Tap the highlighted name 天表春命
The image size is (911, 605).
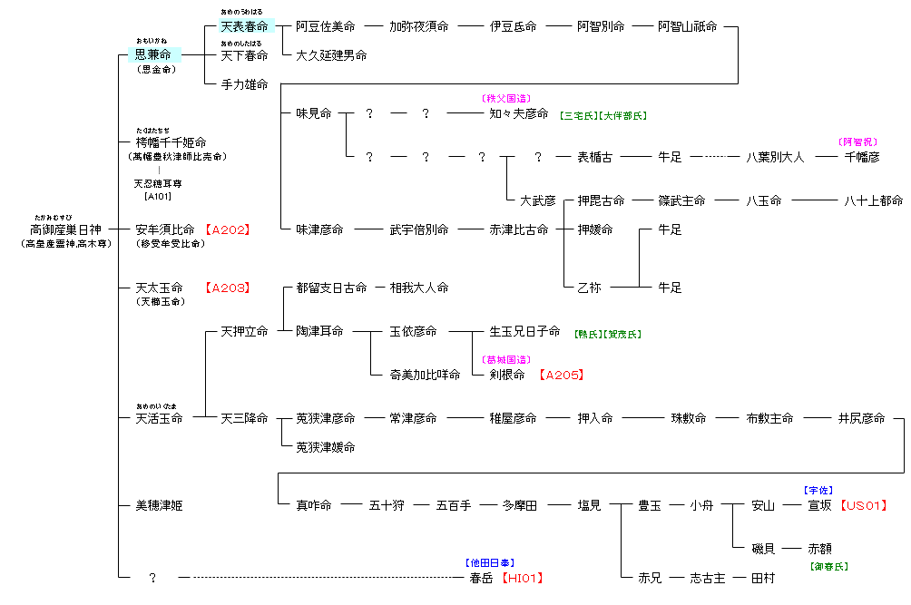(244, 26)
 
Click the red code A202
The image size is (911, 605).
(226, 229)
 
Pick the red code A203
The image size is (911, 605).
(226, 288)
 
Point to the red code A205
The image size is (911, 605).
(561, 375)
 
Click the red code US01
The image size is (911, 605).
(863, 505)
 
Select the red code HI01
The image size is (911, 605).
(524, 577)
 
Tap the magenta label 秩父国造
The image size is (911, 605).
(505, 98)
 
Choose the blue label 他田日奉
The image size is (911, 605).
(491, 563)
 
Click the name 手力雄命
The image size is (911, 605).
(244, 84)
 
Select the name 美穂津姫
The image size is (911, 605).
(159, 505)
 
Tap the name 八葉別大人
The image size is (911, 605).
(775, 157)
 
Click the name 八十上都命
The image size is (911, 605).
(873, 200)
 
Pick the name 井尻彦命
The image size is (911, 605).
(861, 418)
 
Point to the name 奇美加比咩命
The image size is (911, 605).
(425, 375)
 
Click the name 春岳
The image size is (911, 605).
(481, 577)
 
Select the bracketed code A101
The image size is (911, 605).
(158, 196)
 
